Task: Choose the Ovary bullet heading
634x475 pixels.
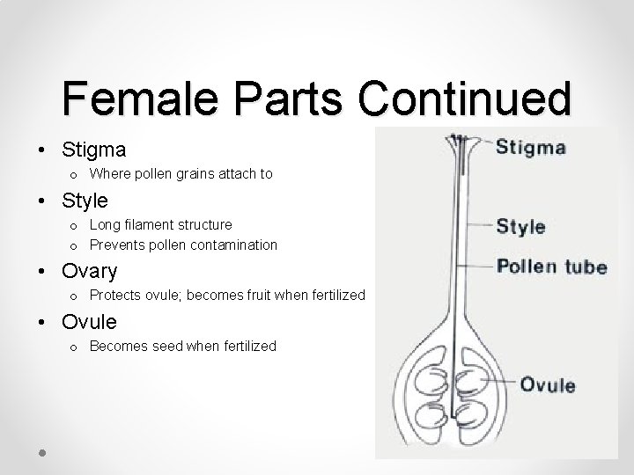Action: point(90,268)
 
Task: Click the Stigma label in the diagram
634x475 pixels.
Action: point(530,147)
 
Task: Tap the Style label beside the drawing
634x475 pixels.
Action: point(520,226)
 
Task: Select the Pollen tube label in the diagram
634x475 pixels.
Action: point(551,266)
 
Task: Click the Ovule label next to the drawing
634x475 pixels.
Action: point(547,384)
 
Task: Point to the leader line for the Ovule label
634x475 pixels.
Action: point(502,381)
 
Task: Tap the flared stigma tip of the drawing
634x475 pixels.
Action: point(458,142)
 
